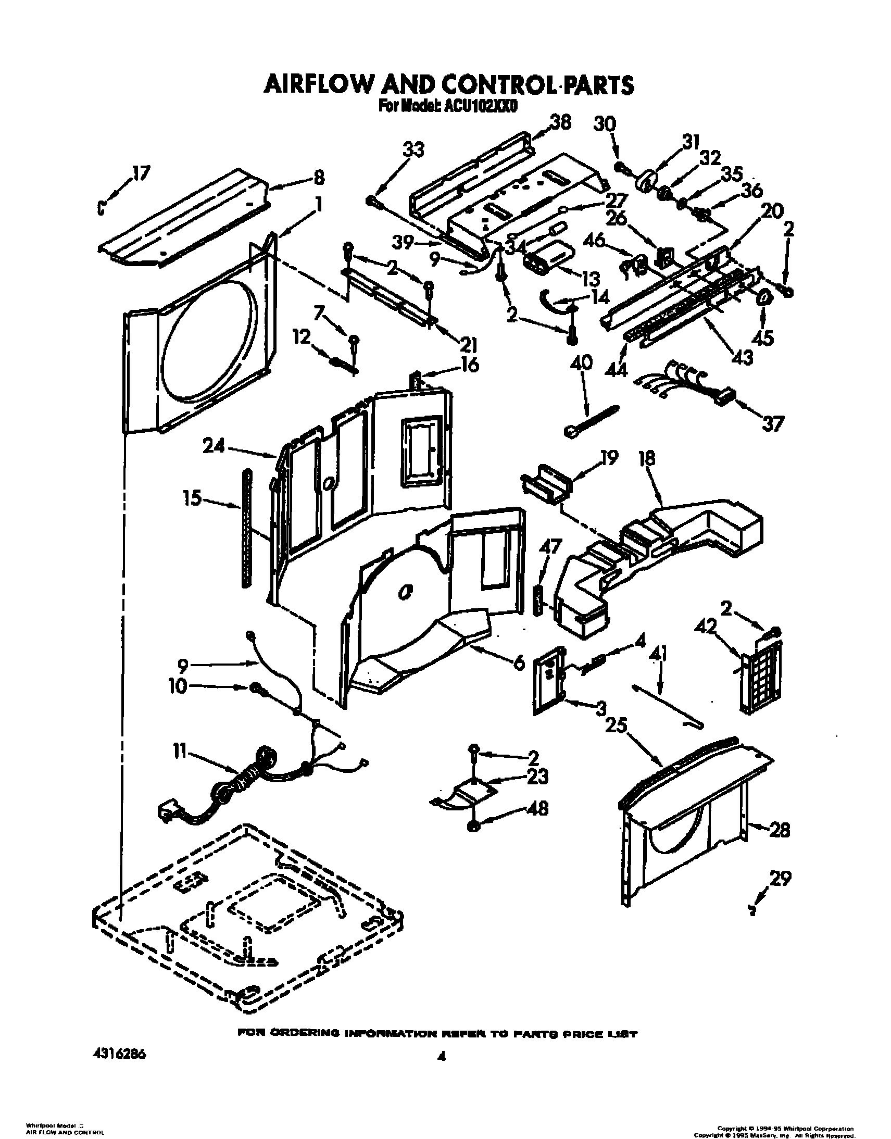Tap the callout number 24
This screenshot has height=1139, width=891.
[214, 446]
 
